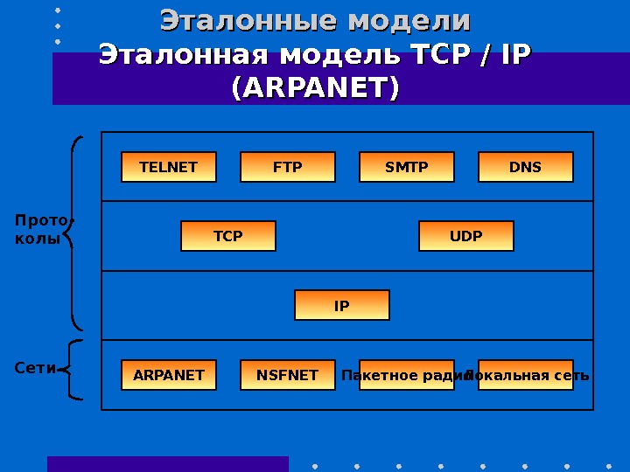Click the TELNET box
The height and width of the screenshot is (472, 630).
coord(169,167)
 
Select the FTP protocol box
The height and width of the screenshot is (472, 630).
coord(288,167)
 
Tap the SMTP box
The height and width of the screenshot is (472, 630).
coord(407,167)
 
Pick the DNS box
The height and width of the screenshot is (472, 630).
coord(526,167)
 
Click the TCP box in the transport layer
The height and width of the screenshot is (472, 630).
coord(228,236)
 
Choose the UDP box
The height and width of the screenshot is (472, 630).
coord(466,236)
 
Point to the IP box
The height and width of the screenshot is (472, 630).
coord(342,306)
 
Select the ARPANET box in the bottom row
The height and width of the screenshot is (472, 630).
coord(169,375)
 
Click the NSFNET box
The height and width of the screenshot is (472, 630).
coord(288,375)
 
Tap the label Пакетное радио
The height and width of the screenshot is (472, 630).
coord(402,376)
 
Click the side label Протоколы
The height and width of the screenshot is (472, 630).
coord(40,229)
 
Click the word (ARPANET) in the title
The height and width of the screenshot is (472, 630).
coord(314,88)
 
